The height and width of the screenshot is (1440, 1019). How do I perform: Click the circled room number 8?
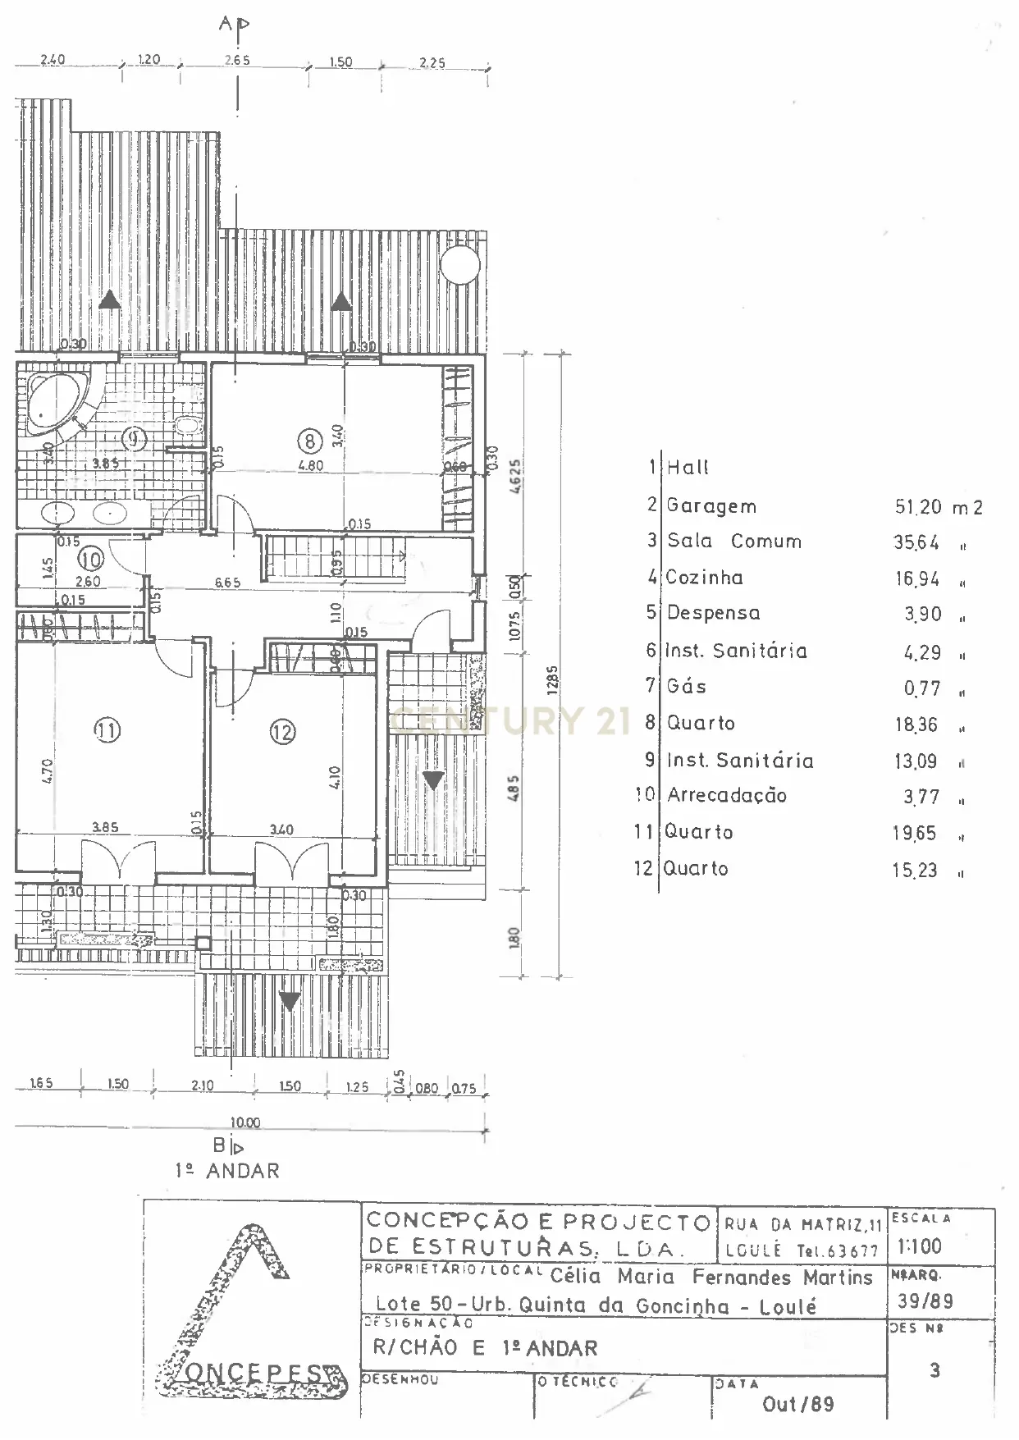(x=309, y=441)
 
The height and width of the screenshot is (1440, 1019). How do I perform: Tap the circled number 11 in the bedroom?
(x=107, y=729)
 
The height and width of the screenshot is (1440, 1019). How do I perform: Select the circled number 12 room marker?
(x=282, y=730)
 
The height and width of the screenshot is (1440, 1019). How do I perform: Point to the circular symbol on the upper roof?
(x=460, y=263)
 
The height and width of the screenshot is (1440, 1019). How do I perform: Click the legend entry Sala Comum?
(x=733, y=542)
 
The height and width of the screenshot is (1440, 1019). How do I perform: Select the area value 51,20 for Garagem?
(x=918, y=507)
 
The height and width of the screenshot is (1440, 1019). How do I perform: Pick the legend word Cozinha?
(x=704, y=578)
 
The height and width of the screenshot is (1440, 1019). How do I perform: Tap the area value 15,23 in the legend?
(x=915, y=871)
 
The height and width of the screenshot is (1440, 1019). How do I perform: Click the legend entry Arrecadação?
(x=726, y=795)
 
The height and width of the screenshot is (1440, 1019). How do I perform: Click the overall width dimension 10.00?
(x=245, y=1122)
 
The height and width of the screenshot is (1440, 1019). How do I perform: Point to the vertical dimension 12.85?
(x=552, y=680)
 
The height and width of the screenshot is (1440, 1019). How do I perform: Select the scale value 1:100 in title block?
(x=920, y=1247)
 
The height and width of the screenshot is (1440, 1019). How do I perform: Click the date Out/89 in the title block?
(x=797, y=1404)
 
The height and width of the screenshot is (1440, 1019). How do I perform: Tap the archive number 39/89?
(x=925, y=1301)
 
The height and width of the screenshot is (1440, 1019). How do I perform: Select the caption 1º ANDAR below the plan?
(x=227, y=1171)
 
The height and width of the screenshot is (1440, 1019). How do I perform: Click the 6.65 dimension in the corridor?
(x=227, y=583)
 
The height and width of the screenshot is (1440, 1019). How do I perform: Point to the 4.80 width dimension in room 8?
(x=310, y=465)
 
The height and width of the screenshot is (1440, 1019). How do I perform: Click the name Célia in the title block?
(x=575, y=1277)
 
